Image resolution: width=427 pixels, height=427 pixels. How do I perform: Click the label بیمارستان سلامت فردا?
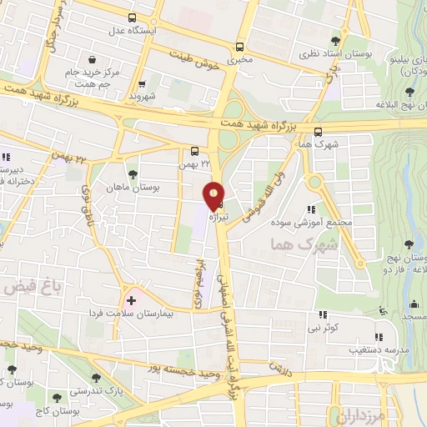click(130, 314)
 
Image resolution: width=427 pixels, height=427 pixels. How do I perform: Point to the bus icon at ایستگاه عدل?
click(133, 17)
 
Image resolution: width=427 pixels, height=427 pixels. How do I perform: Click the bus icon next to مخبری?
click(240, 47)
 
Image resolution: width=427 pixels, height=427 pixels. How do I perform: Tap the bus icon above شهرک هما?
click(318, 131)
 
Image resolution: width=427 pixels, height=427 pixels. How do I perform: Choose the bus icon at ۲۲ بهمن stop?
click(194, 151)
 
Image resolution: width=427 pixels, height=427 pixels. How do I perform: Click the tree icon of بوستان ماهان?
click(133, 174)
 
